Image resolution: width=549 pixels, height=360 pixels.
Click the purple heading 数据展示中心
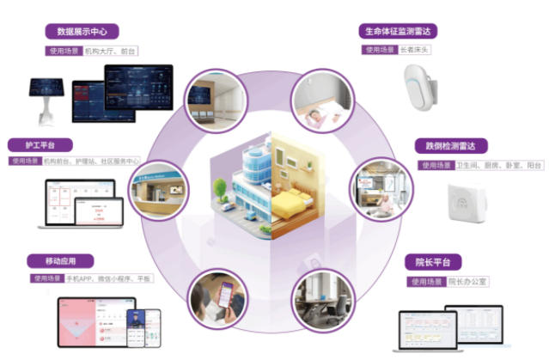point(83,33)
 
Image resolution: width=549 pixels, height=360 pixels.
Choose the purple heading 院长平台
point(433,262)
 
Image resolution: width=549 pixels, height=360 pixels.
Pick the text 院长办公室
point(468,281)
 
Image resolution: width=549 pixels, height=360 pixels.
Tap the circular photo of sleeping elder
point(321,101)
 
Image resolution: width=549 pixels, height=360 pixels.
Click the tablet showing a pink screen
point(86,321)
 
